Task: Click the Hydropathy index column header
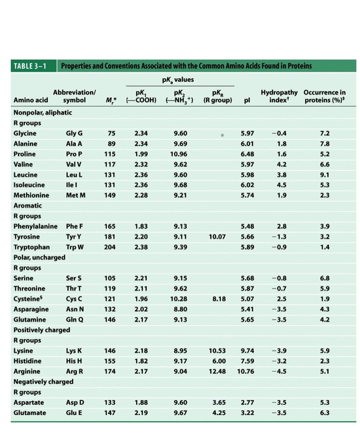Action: click(279, 96)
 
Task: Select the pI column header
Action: click(247, 100)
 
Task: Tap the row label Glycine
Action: click(25, 133)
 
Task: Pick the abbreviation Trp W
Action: click(75, 247)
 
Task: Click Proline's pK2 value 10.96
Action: click(180, 154)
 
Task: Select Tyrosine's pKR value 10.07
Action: click(217, 237)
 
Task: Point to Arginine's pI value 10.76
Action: click(245, 371)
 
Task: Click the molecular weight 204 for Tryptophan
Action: click(110, 247)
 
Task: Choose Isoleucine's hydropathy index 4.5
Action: click(282, 185)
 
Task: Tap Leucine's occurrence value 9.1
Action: click(325, 175)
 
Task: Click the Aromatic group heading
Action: click(28, 206)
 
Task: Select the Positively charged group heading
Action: click(42, 330)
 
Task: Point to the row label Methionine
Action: click(31, 195)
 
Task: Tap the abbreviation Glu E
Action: click(74, 413)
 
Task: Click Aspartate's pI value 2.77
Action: click(247, 402)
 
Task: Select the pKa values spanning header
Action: click(178, 80)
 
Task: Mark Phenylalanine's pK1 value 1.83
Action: click(141, 226)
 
